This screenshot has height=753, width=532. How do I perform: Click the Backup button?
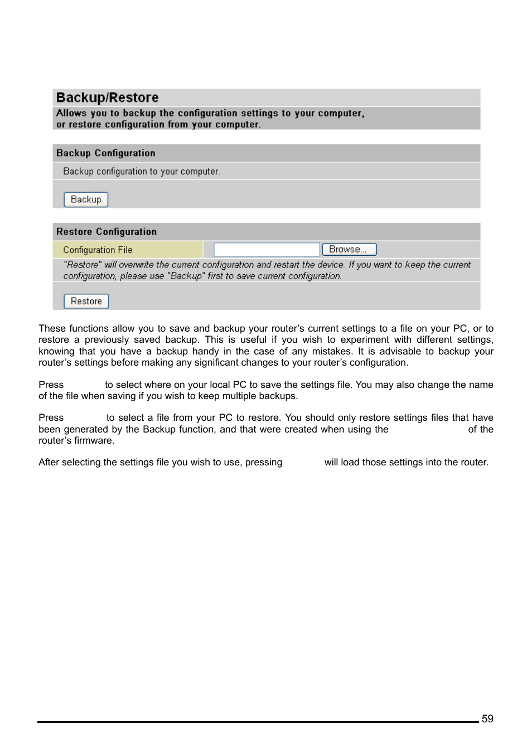pyautogui.click(x=86, y=200)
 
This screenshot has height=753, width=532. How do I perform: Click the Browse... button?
pyautogui.click(x=349, y=250)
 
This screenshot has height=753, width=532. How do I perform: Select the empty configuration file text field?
pyautogui.click(x=267, y=250)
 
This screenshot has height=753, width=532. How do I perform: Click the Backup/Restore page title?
pyautogui.click(x=107, y=98)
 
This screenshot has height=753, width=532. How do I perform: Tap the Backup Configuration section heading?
pyautogui.click(x=105, y=153)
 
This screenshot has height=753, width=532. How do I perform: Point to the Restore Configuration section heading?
pyautogui.click(x=106, y=232)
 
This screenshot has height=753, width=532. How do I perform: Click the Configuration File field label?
pyautogui.click(x=98, y=250)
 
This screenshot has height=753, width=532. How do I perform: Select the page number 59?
pyautogui.click(x=487, y=719)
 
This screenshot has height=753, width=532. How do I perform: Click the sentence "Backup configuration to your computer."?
pyautogui.click(x=141, y=172)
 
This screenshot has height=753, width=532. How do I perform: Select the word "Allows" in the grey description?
pyautogui.click(x=71, y=113)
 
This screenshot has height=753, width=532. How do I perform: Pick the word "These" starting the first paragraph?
pyautogui.click(x=52, y=329)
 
